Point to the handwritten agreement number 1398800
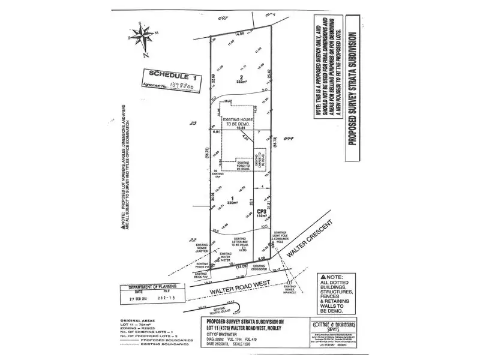coord(187,88)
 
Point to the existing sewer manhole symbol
coord(290,281)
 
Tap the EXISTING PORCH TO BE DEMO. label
coord(243,165)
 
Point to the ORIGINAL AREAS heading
coord(135,321)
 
